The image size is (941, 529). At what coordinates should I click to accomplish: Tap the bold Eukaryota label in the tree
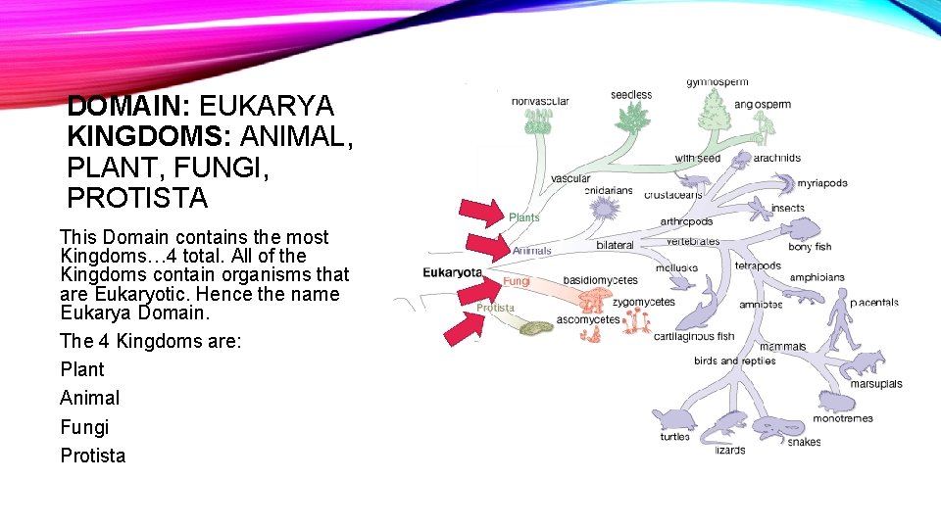pos(452,272)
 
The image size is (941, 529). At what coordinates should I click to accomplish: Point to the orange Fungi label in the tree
pos(517,281)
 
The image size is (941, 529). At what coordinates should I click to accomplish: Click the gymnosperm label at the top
pos(717,82)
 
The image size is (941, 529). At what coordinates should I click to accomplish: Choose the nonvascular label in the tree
pos(540,101)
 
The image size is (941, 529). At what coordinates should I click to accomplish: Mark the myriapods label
pos(821,183)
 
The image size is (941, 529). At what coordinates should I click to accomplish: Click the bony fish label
pos(809,247)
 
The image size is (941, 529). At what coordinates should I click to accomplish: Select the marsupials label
pos(875,384)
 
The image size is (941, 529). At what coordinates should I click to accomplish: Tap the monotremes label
pos(842,419)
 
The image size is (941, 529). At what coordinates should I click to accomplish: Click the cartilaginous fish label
pos(693,336)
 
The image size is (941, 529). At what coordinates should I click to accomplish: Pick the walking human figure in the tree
pos(842,319)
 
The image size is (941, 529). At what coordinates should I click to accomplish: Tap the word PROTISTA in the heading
pos(137,198)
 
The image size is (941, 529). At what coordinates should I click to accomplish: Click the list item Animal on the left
pos(90,398)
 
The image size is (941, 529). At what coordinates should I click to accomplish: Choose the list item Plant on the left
pos(82,369)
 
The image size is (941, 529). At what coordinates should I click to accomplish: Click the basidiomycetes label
pos(600,280)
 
